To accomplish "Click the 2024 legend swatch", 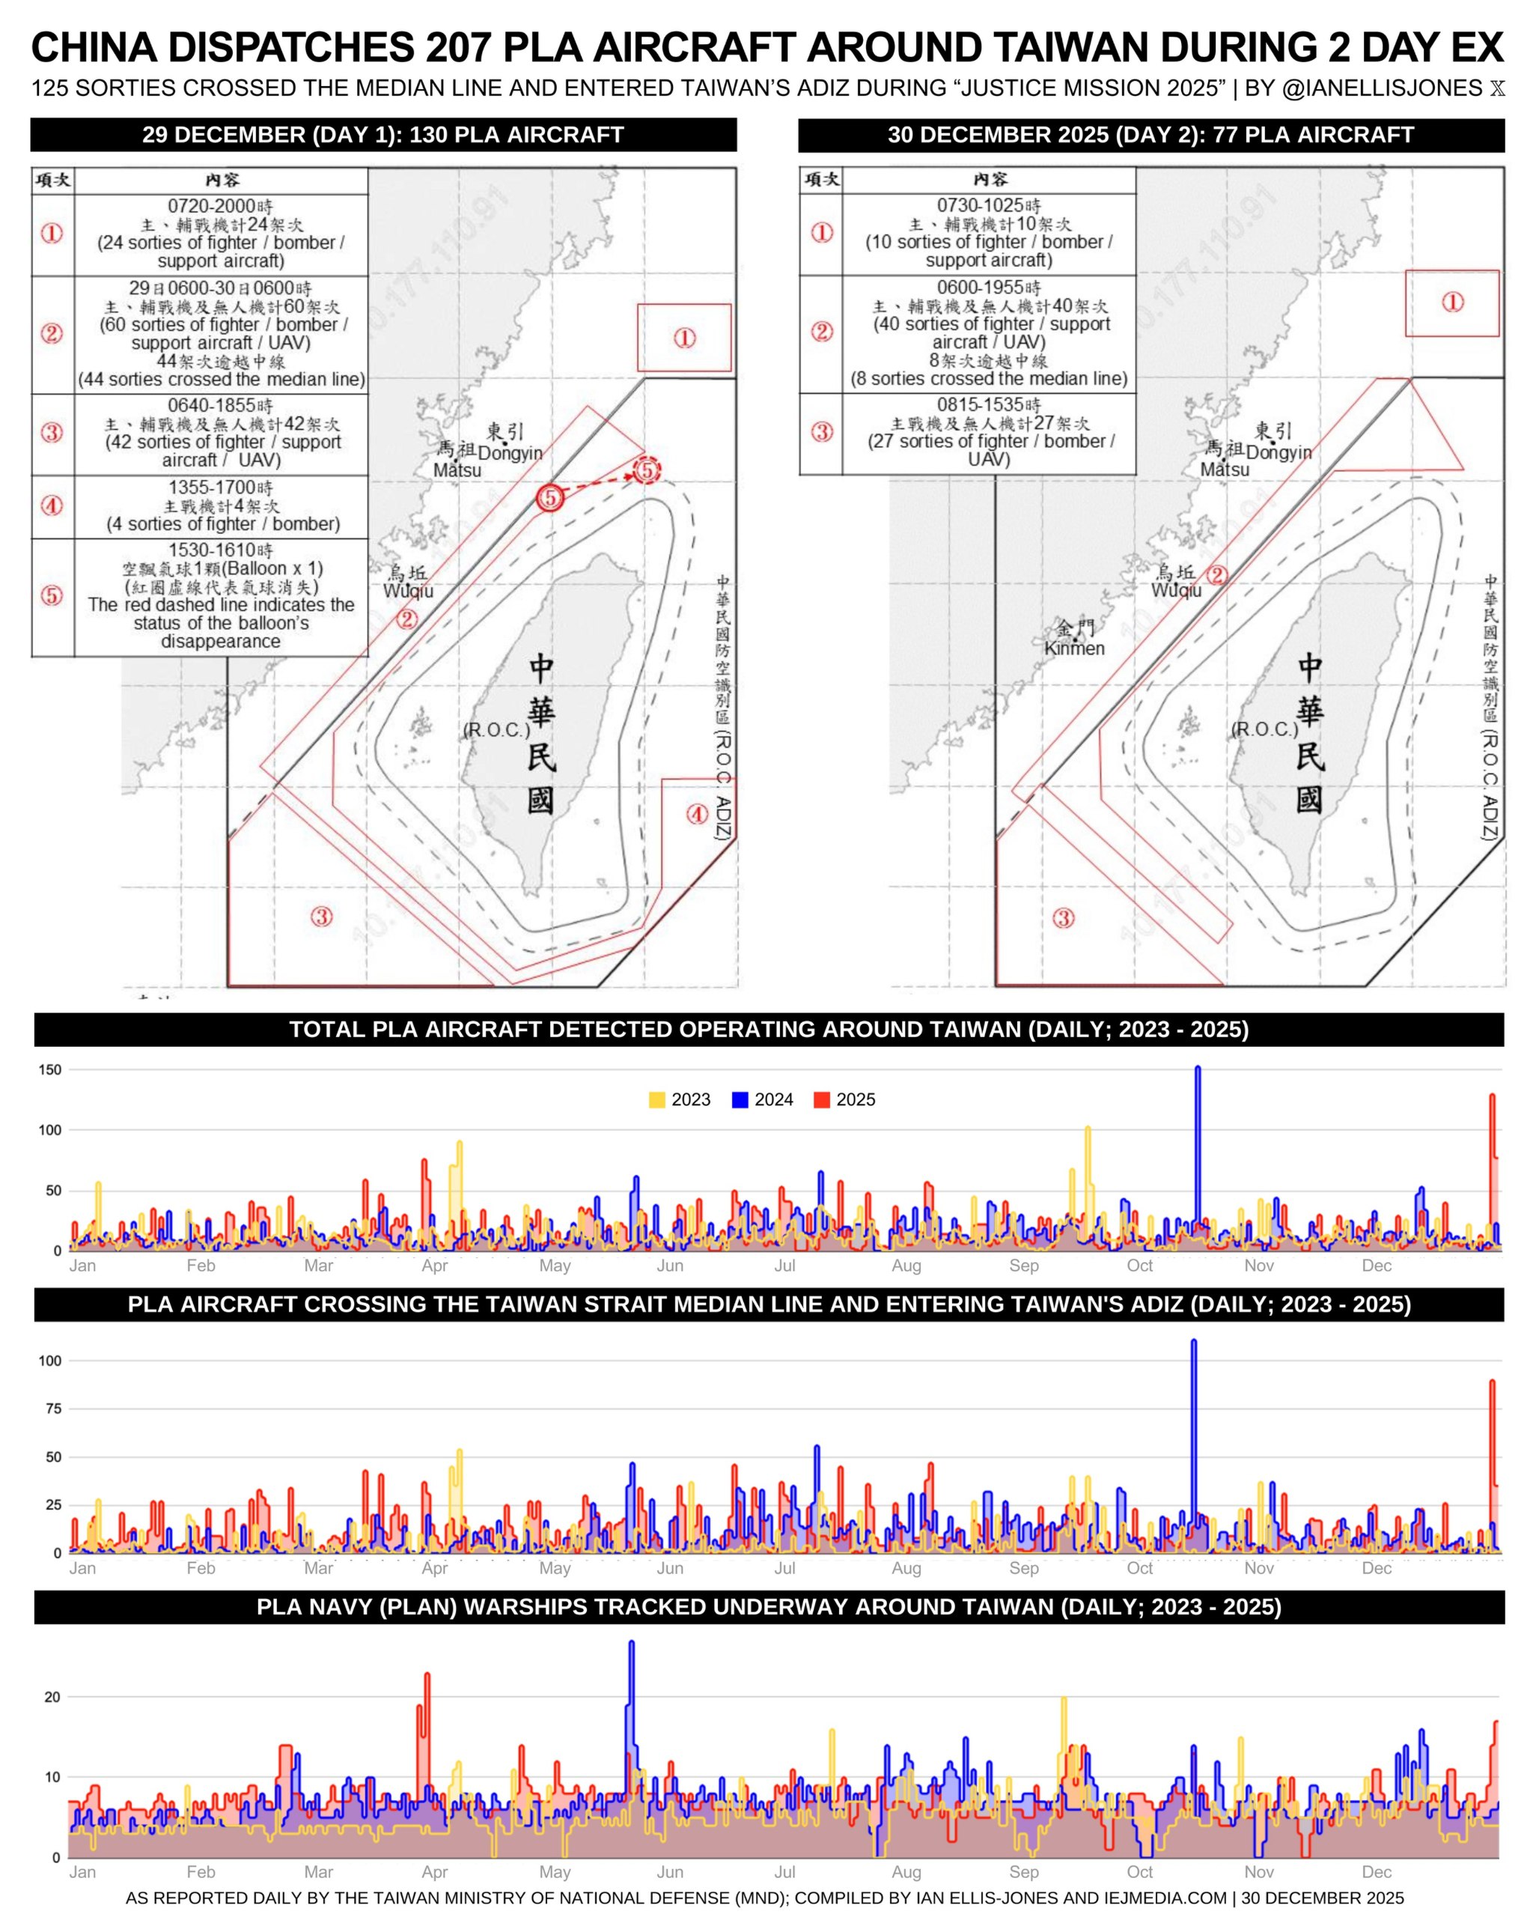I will (740, 1100).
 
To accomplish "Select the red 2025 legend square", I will (822, 1100).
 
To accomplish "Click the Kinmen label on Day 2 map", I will (1073, 648).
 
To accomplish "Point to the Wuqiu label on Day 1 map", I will (408, 592).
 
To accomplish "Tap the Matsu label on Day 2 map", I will (1224, 470).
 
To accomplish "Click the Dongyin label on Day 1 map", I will (510, 454).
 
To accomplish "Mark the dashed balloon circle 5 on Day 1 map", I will (647, 470).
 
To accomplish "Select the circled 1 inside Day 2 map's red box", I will (1452, 303).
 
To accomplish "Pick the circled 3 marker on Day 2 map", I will (1063, 919).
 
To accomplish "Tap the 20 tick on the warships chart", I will (52, 1697).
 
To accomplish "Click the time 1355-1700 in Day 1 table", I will (220, 487).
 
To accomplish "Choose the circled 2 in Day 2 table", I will (821, 332).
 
